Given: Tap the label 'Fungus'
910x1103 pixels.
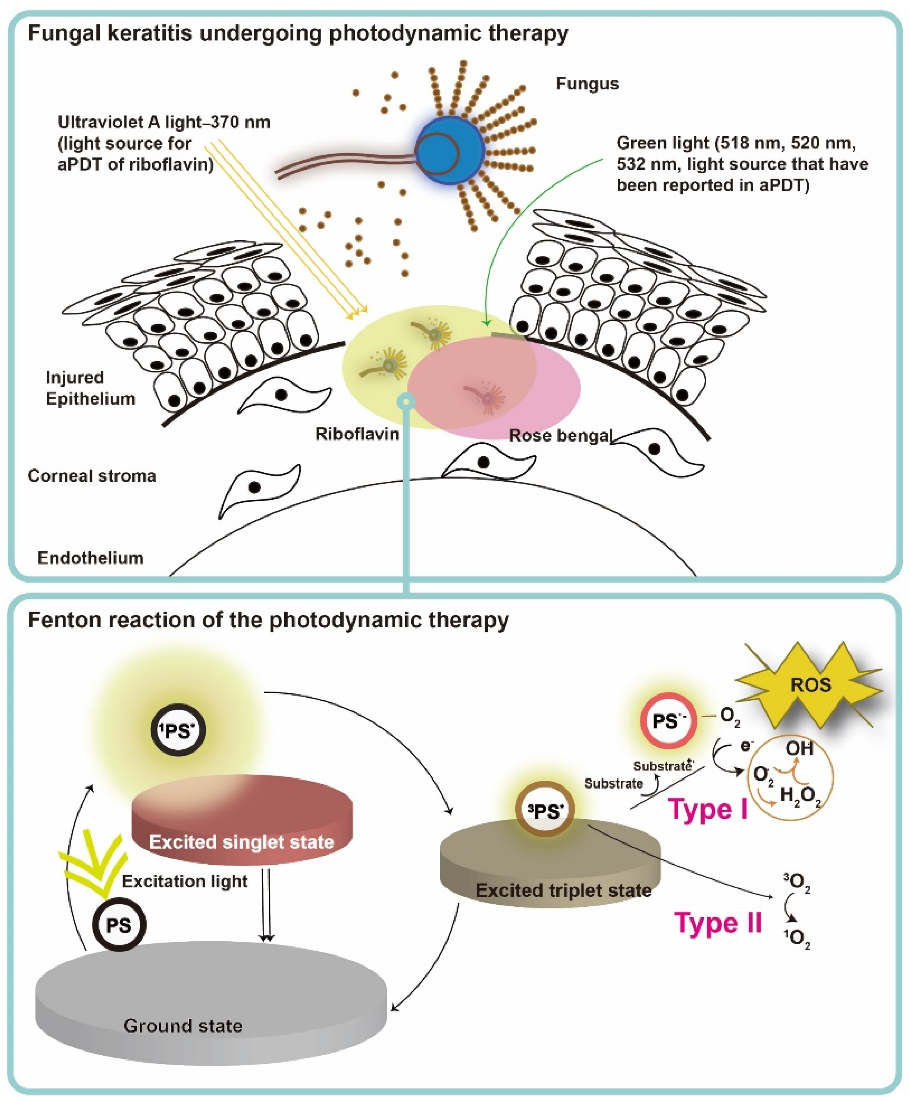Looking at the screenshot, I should coord(587,84).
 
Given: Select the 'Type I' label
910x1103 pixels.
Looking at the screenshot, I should coord(708,810).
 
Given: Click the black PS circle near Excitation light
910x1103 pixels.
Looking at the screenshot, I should coord(119,925).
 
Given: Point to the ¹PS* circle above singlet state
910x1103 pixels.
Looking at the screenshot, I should coord(178,730).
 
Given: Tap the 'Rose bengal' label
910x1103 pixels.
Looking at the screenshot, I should coord(560,436).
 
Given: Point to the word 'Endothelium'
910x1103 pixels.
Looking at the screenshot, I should coord(90,558).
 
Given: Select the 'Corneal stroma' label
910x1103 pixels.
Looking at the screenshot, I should coord(92,476).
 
